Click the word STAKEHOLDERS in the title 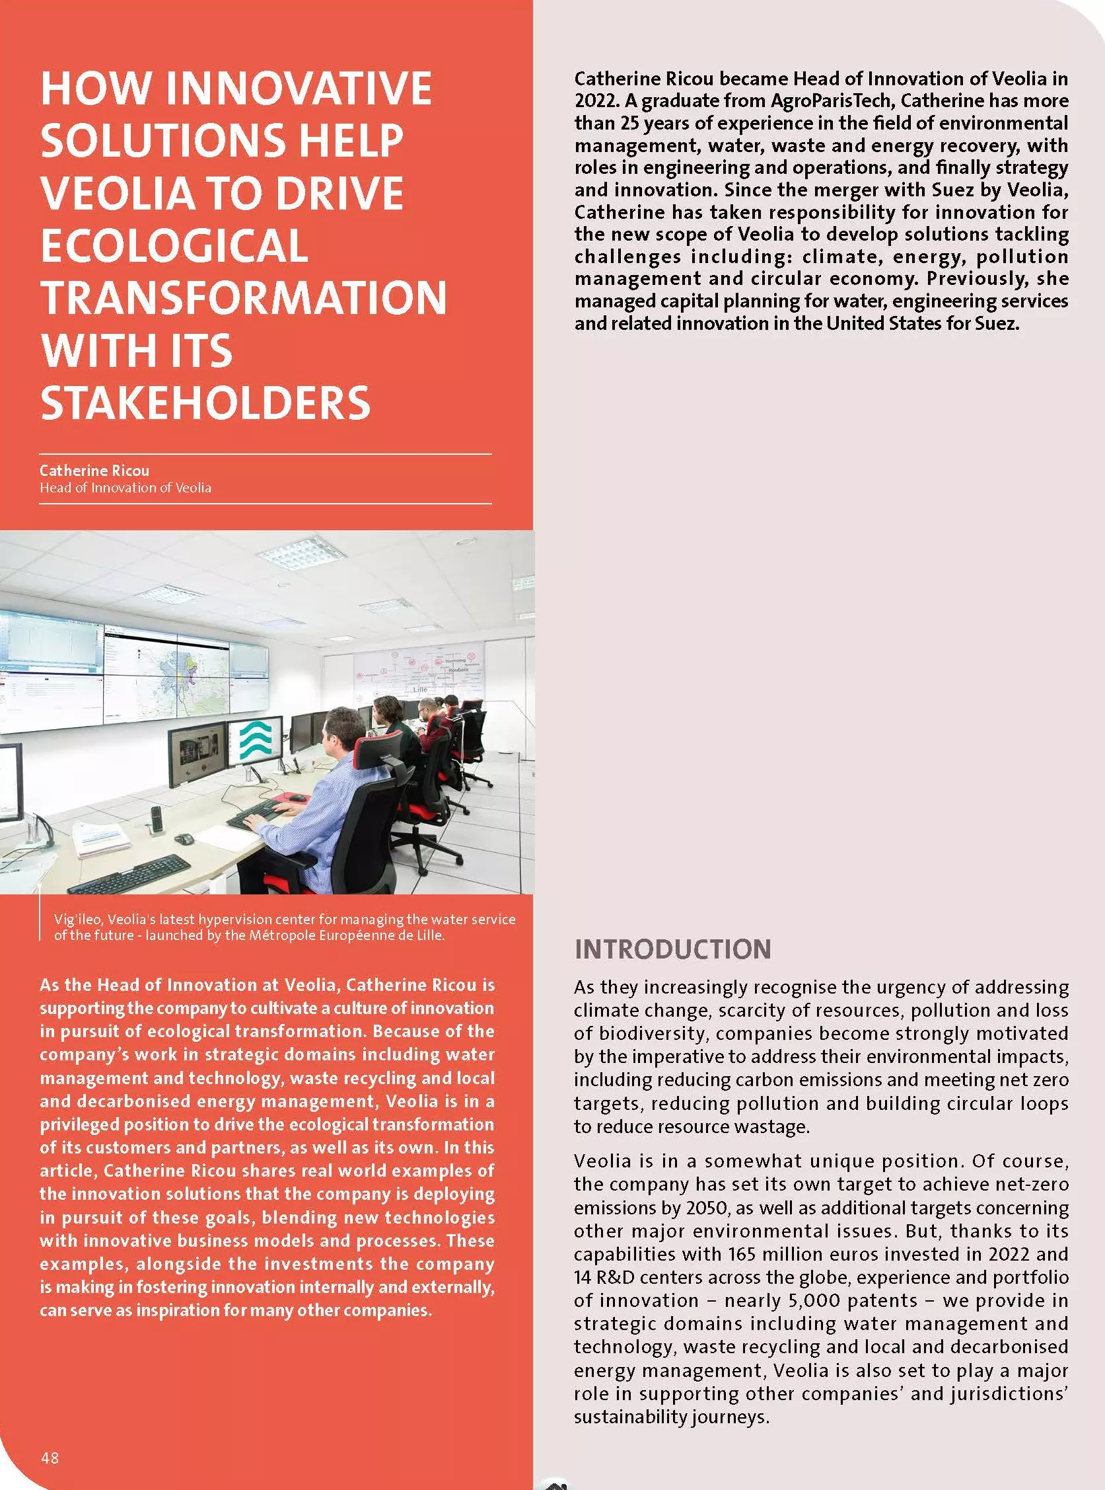(205, 403)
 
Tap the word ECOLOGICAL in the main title (174, 246)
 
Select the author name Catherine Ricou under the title (94, 470)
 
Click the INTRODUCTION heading (672, 949)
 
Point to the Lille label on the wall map (420, 689)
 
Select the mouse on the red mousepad (297, 798)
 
